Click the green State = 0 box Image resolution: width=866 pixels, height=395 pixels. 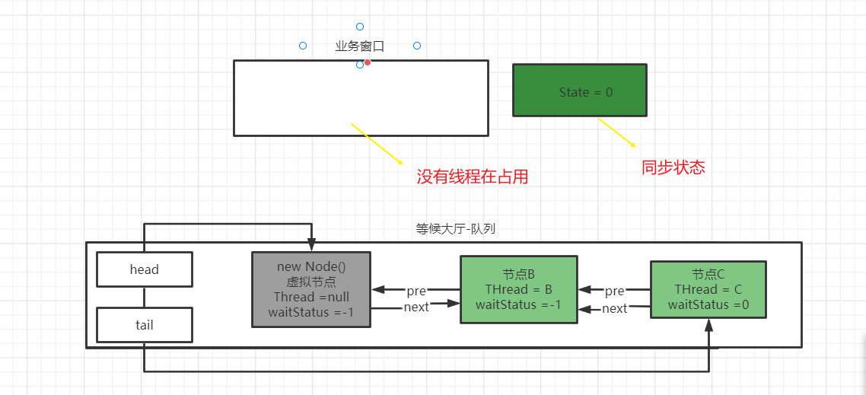(579, 90)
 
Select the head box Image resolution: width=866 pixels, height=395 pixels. (144, 269)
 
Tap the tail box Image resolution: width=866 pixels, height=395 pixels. (144, 325)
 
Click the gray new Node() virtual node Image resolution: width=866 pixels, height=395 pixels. (311, 289)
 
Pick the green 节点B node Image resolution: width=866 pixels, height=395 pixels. (517, 289)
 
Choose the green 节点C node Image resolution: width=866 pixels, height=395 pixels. (708, 289)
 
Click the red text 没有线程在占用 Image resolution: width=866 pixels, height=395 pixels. (472, 177)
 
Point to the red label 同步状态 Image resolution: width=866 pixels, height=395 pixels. (673, 167)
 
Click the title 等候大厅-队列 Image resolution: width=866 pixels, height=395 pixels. (456, 228)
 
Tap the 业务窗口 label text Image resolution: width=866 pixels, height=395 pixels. (359, 46)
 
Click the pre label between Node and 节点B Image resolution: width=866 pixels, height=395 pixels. (415, 291)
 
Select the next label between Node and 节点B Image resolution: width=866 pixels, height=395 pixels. (416, 307)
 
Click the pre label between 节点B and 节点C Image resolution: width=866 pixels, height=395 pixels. (614, 291)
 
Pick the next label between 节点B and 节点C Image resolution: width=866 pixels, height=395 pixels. (614, 308)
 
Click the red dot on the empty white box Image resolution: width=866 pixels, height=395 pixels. (368, 62)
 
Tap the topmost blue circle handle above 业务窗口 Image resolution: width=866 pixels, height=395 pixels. (360, 27)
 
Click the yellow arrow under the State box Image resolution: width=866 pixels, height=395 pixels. (616, 132)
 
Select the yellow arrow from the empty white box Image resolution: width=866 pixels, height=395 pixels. (377, 143)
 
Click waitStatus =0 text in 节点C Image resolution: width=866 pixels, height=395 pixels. (708, 304)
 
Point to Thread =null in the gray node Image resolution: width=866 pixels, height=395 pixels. (311, 297)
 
